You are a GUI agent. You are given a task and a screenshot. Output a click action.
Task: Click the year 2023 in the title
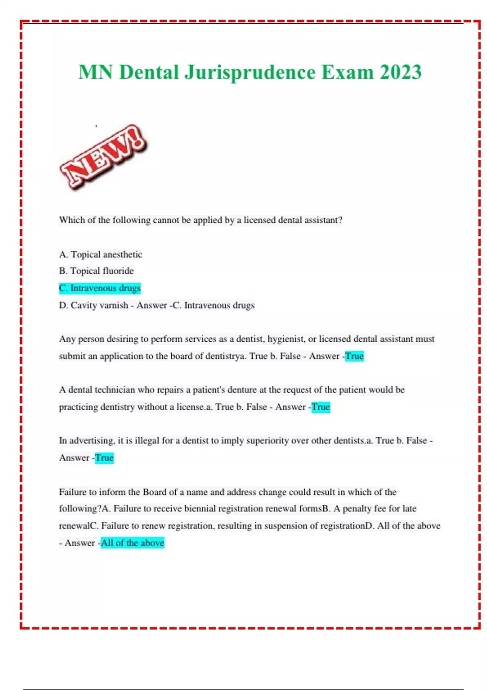(401, 72)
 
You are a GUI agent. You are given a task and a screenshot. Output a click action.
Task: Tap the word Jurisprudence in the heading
(250, 72)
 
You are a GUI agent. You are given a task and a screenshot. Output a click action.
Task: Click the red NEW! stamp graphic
(103, 156)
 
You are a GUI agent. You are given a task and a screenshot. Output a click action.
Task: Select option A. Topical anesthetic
(101, 254)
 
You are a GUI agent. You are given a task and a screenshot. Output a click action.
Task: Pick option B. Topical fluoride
(96, 271)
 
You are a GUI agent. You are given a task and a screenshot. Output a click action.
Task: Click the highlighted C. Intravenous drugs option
(100, 288)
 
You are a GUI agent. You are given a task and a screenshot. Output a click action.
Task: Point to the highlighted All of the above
(132, 543)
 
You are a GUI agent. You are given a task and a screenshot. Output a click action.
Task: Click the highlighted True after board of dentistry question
(354, 356)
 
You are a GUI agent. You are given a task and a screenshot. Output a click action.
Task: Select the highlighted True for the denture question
(321, 407)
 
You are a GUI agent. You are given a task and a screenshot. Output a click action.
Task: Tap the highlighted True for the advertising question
(104, 458)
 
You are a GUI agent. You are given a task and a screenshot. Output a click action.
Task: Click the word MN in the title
(96, 72)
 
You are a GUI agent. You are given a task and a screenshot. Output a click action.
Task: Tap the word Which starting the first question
(72, 220)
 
